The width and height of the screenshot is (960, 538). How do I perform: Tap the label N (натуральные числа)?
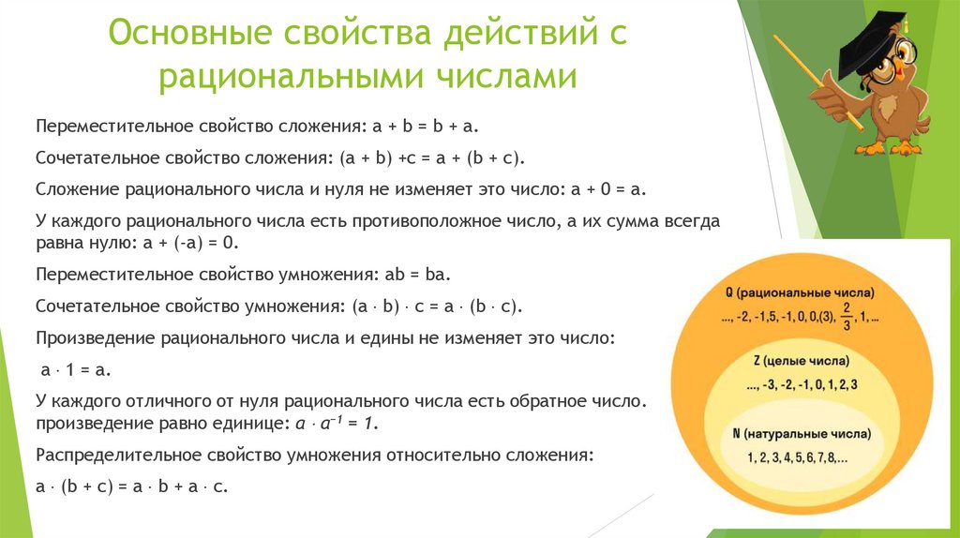(802, 435)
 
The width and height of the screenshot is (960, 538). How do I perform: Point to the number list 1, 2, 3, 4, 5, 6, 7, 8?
(798, 458)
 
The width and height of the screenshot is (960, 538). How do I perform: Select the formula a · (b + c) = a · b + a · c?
(132, 486)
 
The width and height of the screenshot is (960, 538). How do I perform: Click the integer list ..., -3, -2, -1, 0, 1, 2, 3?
(802, 384)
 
